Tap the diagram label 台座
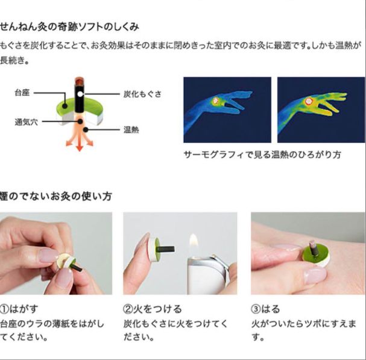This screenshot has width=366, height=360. [x=22, y=93]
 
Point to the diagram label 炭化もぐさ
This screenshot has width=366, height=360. [x=142, y=94]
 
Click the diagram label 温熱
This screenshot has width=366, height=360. [x=131, y=129]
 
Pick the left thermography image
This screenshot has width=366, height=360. [x=227, y=109]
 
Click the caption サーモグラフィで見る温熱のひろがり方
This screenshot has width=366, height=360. [x=262, y=154]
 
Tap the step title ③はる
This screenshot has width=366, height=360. [x=266, y=309]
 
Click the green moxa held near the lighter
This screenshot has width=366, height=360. [x=151, y=247]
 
